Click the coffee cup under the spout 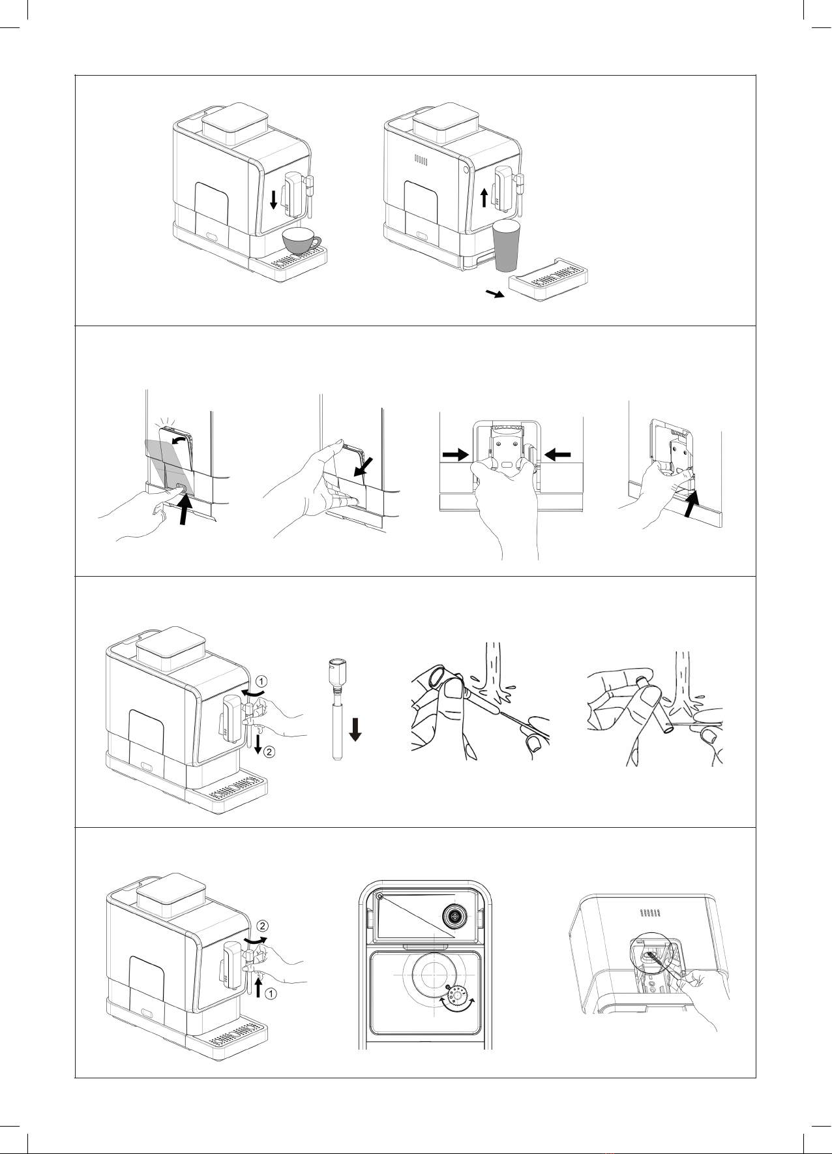click(x=300, y=241)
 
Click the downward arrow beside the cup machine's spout click(x=273, y=200)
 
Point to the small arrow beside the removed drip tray click(x=496, y=295)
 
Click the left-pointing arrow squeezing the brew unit click(x=558, y=455)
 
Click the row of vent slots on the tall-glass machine click(x=421, y=160)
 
